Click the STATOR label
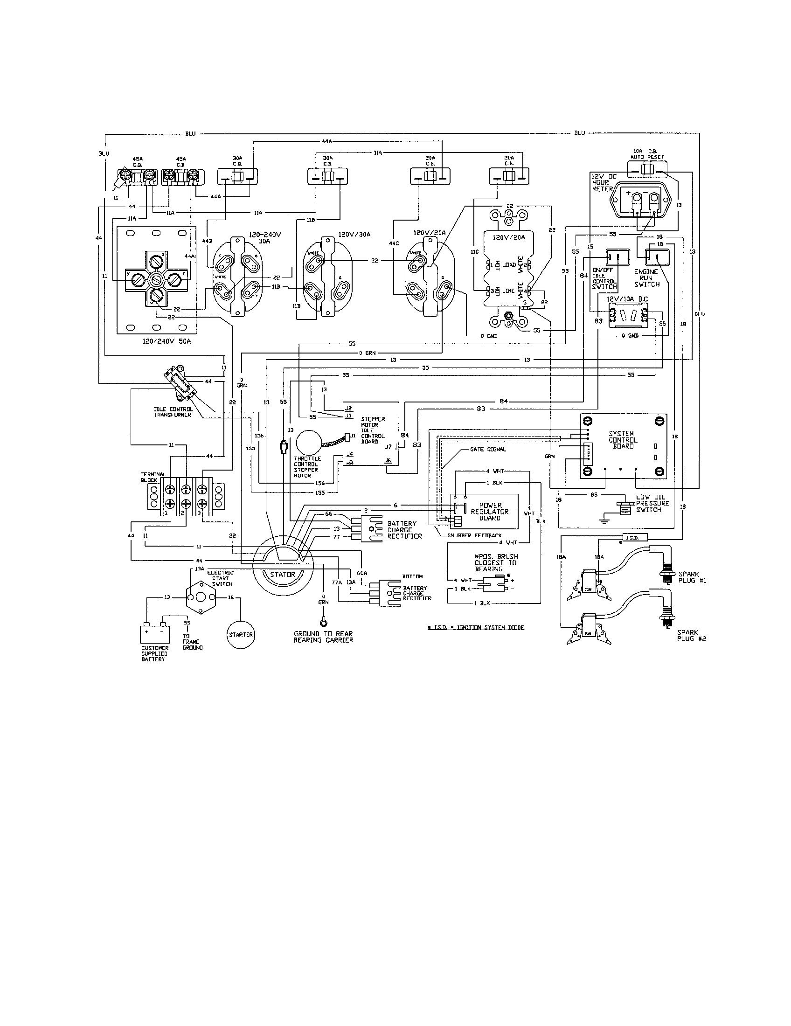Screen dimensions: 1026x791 [282, 574]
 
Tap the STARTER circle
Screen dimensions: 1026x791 [241, 635]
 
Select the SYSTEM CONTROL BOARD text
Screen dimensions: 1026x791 [623, 440]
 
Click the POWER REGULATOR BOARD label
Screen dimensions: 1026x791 [490, 512]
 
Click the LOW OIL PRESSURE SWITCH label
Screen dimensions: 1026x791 [652, 503]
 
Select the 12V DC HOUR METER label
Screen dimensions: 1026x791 [602, 182]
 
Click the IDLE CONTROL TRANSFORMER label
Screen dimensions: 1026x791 [173, 412]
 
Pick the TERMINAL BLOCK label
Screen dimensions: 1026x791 [153, 477]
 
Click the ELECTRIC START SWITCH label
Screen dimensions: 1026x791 [220, 578]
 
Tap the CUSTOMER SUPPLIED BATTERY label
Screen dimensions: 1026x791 [154, 653]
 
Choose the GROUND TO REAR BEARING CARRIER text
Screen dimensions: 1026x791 [323, 637]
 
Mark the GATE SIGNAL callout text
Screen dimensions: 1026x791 [488, 449]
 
